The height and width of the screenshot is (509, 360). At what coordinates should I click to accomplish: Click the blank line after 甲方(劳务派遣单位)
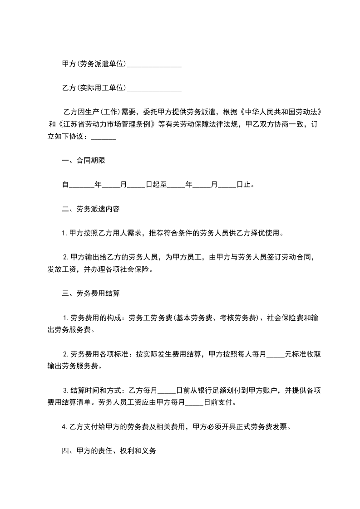154,64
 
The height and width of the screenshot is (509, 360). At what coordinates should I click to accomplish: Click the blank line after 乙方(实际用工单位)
154,88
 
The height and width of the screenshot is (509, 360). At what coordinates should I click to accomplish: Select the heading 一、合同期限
84,161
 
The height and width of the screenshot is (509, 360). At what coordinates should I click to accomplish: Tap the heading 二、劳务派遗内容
90,209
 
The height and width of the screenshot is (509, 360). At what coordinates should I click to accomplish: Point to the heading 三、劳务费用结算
90,293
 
